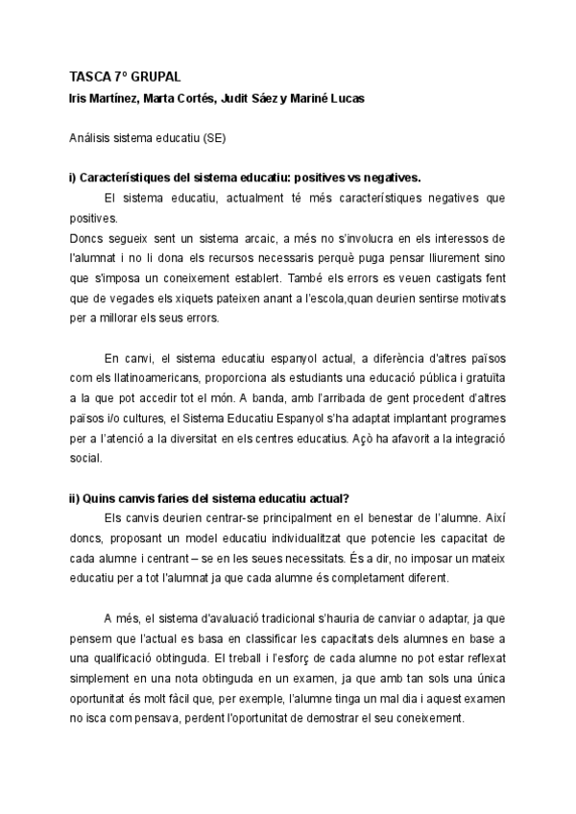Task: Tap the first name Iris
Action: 80,99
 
